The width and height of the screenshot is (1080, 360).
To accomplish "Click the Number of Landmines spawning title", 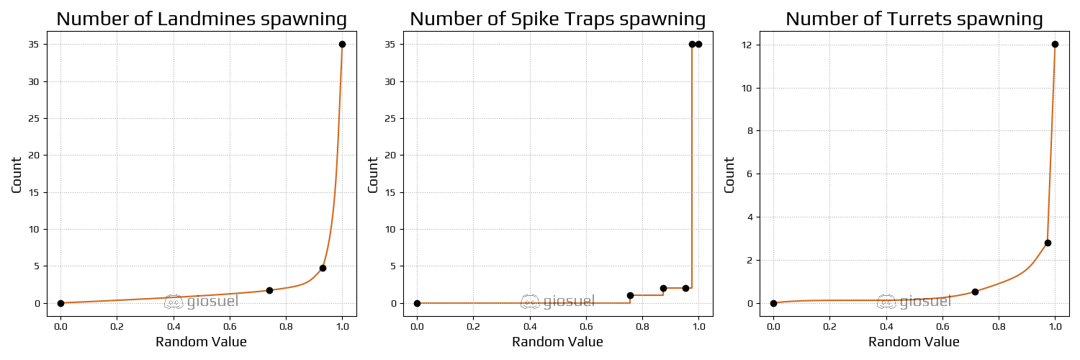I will click(x=202, y=19).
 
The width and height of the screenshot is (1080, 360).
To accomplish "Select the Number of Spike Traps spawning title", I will click(x=557, y=19).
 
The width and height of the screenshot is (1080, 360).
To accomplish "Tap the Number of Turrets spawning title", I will click(x=914, y=19).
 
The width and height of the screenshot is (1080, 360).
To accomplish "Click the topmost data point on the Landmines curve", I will click(x=342, y=44).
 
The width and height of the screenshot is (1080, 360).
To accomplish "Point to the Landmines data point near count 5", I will click(x=323, y=268).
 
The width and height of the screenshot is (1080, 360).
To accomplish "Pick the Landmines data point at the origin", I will click(x=60, y=303).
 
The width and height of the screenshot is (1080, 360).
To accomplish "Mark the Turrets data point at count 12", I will click(x=1055, y=44).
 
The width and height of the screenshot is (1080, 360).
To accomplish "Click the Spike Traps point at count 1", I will click(x=630, y=295).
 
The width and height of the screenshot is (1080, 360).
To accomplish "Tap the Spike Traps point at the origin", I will click(x=417, y=303).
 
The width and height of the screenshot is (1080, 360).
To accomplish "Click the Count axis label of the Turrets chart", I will click(x=729, y=174).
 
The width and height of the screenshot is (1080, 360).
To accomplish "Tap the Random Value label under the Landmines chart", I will click(x=201, y=342).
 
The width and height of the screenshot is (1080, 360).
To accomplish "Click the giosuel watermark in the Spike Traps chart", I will click(x=558, y=302).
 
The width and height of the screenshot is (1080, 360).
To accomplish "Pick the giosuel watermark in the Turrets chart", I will click(x=914, y=302).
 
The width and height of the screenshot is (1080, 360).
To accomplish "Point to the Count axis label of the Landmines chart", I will click(x=17, y=174).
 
